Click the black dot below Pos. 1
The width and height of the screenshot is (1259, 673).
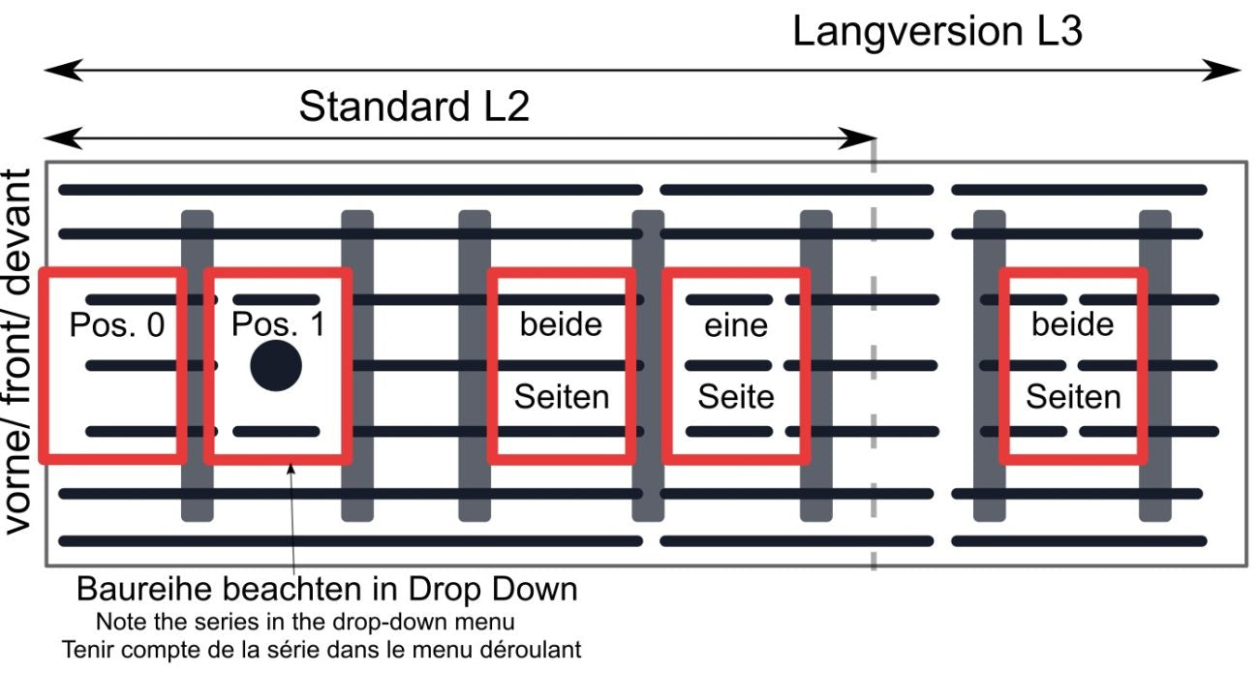point(276,366)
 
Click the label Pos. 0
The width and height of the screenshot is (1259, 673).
point(117,324)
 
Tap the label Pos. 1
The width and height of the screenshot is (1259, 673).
point(279,324)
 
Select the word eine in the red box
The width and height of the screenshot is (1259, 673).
point(736,325)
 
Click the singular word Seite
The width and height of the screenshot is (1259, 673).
point(736,397)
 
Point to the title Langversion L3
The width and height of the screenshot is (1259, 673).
point(937,32)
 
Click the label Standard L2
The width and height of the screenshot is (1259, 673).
point(415,107)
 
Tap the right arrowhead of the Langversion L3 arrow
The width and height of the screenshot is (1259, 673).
point(1221,71)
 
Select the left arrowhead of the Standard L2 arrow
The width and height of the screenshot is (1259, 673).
point(64,138)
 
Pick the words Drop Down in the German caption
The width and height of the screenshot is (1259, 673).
point(493,590)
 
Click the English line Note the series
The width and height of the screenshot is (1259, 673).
point(305,622)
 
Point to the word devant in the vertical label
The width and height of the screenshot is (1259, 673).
point(16,232)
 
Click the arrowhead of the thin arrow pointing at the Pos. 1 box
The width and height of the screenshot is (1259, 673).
point(291,468)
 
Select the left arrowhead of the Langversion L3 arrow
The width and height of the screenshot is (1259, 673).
point(64,71)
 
